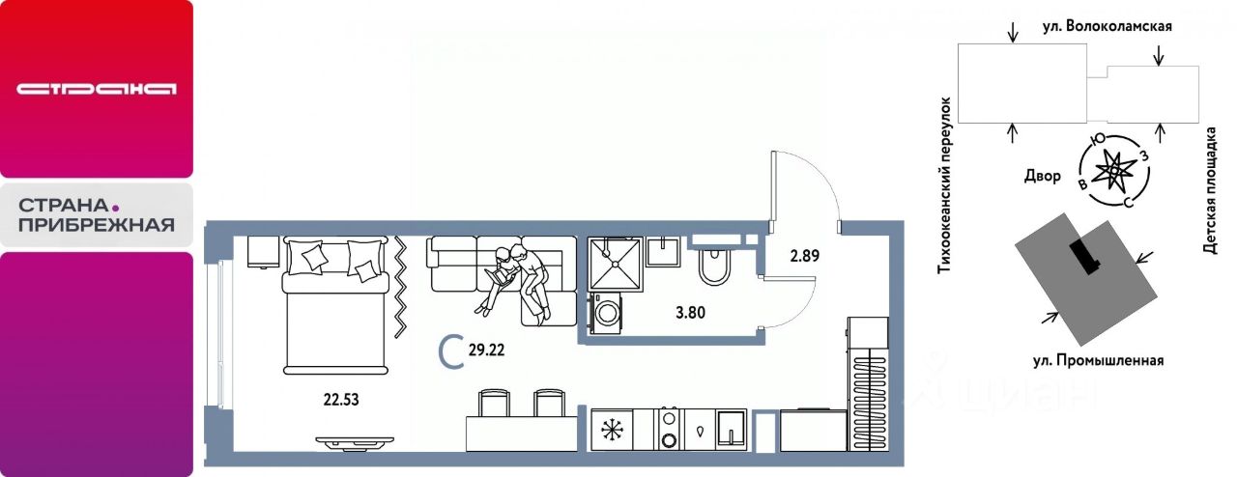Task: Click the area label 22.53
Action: click(341, 399)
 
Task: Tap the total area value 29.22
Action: click(486, 350)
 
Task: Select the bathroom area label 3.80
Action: click(690, 313)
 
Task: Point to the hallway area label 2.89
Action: click(805, 256)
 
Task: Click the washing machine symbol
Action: click(606, 313)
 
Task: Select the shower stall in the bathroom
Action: click(616, 264)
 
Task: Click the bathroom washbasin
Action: click(666, 251)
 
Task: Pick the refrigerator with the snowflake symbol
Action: click(612, 430)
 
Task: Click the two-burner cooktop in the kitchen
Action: click(670, 430)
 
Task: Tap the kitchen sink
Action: click(732, 430)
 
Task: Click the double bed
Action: click(334, 305)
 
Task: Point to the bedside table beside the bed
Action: click(262, 253)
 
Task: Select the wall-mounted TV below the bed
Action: click(355, 444)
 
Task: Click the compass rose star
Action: click(1114, 171)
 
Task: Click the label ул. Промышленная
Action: click(1099, 360)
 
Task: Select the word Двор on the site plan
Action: click(1043, 176)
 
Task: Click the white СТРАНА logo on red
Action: click(96, 89)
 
